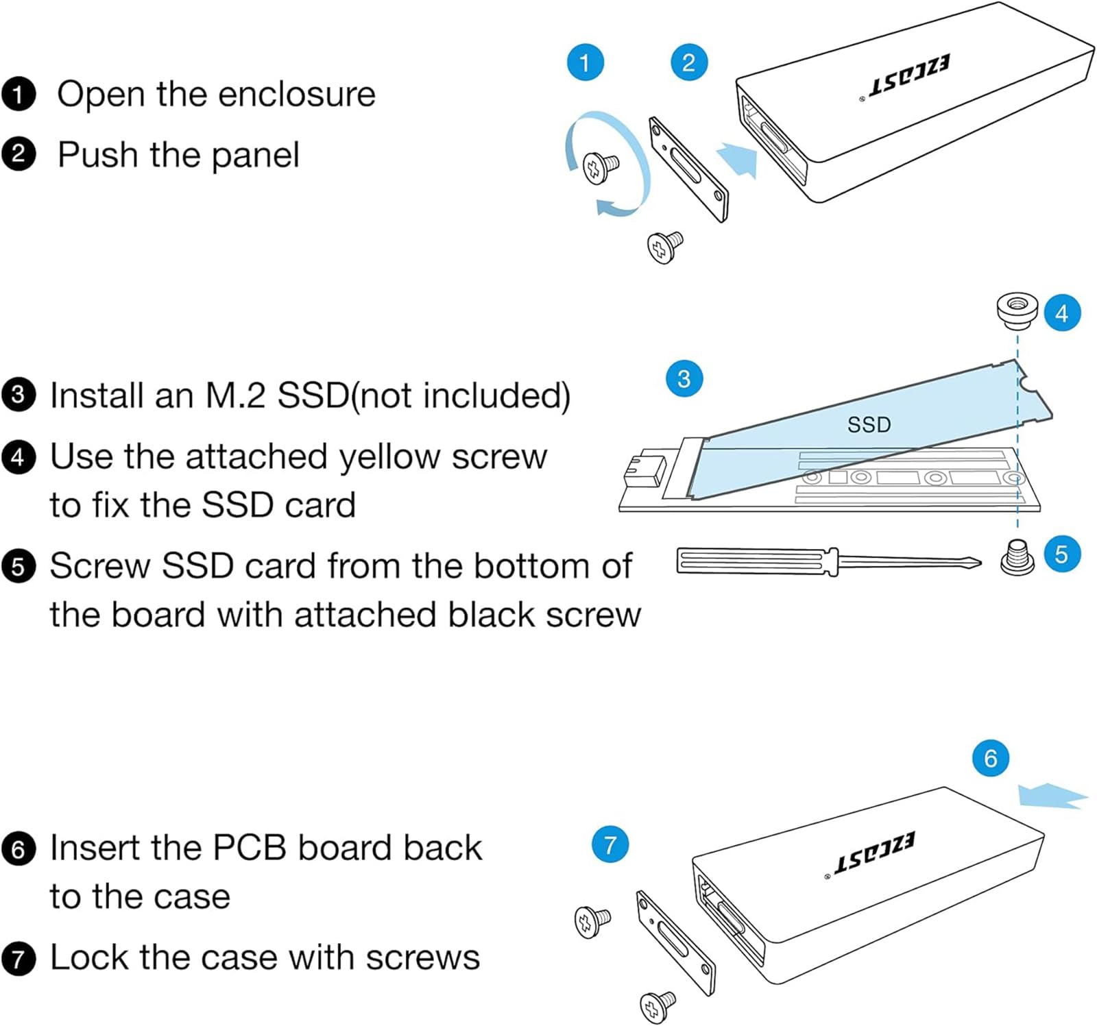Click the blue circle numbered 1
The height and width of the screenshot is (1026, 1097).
(585, 62)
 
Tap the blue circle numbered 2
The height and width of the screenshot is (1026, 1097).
(688, 62)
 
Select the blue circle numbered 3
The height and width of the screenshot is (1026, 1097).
(684, 378)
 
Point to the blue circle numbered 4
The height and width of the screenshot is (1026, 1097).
(1061, 313)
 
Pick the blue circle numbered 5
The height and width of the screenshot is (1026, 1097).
(1061, 554)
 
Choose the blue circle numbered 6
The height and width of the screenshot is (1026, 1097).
(990, 758)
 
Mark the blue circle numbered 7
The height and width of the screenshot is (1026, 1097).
(610, 844)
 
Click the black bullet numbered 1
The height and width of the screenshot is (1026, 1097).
(19, 95)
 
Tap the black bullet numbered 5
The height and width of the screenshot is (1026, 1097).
(19, 567)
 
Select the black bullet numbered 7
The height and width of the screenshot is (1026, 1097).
(19, 959)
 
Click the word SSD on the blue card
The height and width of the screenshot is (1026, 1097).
(869, 425)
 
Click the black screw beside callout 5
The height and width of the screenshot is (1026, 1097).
(1017, 557)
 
